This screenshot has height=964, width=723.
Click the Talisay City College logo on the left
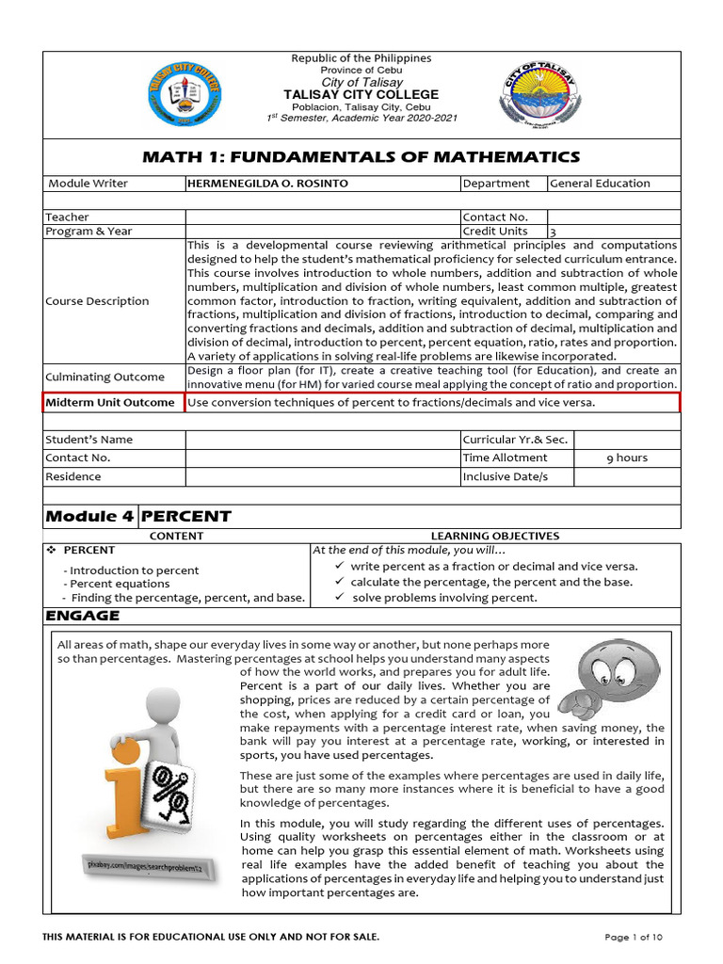(x=185, y=94)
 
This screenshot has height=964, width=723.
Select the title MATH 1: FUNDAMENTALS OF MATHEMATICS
(x=361, y=157)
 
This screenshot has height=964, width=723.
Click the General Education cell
(x=600, y=184)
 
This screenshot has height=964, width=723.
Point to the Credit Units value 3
(x=553, y=232)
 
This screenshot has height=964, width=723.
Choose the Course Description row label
(x=97, y=301)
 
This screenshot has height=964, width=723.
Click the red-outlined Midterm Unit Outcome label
(x=114, y=403)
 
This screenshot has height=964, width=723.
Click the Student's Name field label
(x=90, y=440)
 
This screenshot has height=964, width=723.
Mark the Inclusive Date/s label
(x=505, y=476)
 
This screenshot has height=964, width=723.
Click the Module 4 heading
(x=90, y=516)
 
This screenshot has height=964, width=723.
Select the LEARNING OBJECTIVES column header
(x=494, y=536)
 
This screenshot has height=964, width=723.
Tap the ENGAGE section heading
(x=83, y=616)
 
